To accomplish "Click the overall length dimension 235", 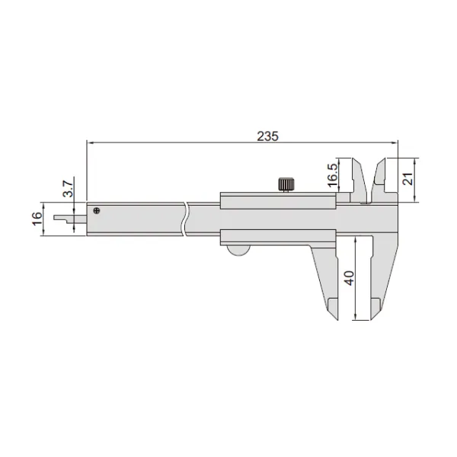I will [x=267, y=136].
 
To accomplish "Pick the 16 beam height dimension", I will [x=36, y=219].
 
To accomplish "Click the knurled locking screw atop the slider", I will [x=286, y=184].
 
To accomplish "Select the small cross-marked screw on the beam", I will [x=96, y=211].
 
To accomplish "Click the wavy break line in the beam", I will [x=186, y=219].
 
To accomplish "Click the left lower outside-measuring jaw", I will [x=328, y=282].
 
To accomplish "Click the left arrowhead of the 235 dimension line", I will [x=91, y=142].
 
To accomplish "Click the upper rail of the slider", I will [x=278, y=200].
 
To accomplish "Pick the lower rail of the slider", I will [x=278, y=237].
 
